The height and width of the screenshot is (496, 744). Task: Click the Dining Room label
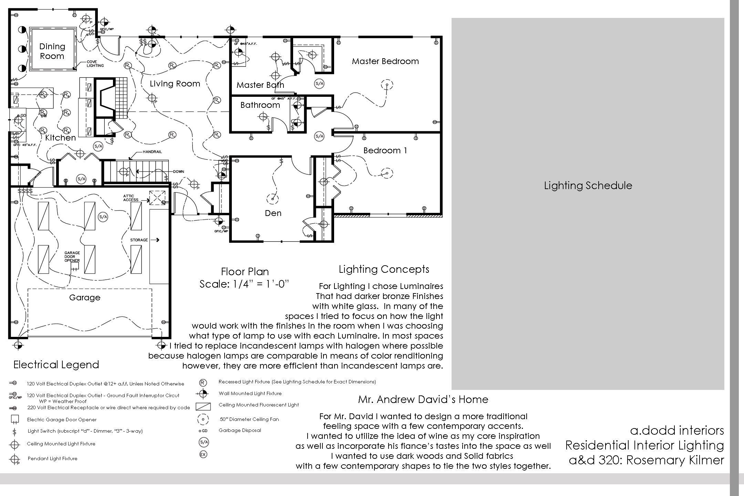(x=52, y=51)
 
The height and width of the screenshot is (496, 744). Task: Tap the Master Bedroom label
(x=385, y=61)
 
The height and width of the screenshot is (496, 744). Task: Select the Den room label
(x=273, y=213)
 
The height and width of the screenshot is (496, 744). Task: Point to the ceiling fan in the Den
(x=272, y=199)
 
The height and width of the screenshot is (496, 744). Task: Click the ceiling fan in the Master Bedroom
(x=387, y=85)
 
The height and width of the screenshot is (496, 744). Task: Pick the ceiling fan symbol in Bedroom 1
(x=387, y=173)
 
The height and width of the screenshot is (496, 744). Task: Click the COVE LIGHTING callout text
(x=95, y=64)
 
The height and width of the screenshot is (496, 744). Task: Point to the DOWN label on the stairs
(x=178, y=172)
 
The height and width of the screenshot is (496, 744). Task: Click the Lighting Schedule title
(x=588, y=186)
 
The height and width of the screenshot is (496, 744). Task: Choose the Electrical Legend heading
(x=56, y=365)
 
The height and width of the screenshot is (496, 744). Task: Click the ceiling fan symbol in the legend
(x=203, y=419)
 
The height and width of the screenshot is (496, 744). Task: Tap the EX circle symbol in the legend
(x=203, y=455)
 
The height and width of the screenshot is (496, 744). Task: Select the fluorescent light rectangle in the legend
(x=203, y=406)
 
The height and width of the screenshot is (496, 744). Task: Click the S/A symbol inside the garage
(x=103, y=217)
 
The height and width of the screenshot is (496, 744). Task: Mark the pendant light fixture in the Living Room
(x=152, y=98)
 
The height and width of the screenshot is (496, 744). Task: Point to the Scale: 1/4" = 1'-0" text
(x=244, y=284)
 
